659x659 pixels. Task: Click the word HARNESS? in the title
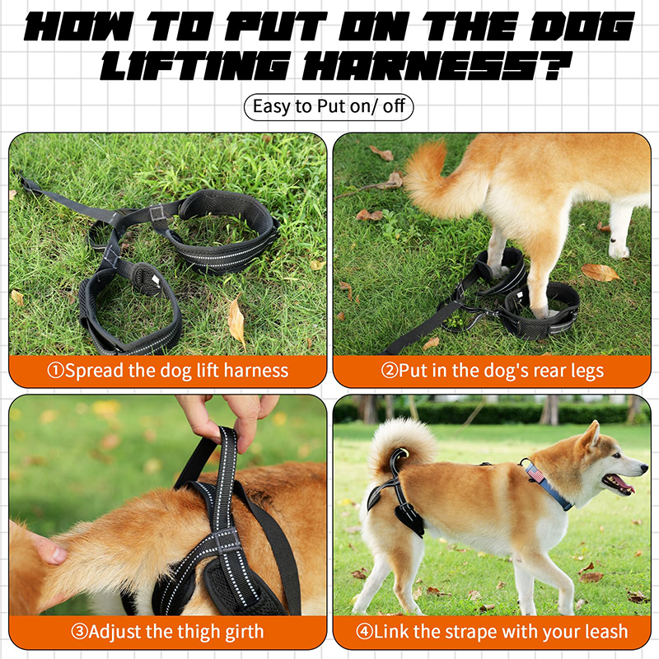[x=438, y=66]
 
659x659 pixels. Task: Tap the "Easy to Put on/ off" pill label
[x=329, y=107]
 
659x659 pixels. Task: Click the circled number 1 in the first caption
[x=55, y=371]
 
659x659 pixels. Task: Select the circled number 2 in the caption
[x=389, y=371]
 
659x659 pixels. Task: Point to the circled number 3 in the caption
[x=79, y=632]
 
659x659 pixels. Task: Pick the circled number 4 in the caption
[x=364, y=632]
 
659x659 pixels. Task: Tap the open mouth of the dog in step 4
[x=618, y=484]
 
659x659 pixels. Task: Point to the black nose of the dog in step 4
[x=643, y=466]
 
